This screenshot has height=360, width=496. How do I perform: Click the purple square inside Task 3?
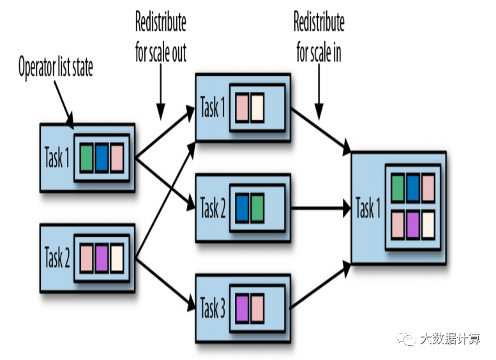(x=242, y=308)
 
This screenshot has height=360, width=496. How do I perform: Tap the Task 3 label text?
(x=213, y=308)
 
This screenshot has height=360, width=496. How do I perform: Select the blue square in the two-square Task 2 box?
(x=242, y=208)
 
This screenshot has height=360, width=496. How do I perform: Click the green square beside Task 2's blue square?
(x=257, y=208)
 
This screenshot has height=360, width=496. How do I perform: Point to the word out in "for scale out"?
(x=179, y=53)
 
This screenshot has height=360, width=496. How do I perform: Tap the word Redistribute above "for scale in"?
(x=319, y=22)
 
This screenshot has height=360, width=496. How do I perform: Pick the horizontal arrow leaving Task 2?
(x=320, y=208)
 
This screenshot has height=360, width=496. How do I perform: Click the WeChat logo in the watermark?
(x=405, y=338)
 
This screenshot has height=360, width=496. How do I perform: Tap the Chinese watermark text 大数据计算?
(x=450, y=338)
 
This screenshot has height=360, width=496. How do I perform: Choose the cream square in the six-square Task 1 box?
(x=428, y=225)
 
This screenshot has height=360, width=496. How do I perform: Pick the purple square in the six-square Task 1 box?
(x=413, y=225)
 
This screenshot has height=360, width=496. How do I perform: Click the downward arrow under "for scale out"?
(x=161, y=92)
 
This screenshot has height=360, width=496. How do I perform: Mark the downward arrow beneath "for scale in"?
(x=319, y=92)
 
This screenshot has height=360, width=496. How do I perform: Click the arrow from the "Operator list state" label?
(x=64, y=105)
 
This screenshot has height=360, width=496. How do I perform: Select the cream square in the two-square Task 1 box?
(x=257, y=108)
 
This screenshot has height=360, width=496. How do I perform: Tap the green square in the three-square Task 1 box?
(x=86, y=158)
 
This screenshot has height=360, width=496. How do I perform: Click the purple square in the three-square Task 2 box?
(x=101, y=259)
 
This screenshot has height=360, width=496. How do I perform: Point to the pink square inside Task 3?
(x=257, y=308)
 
